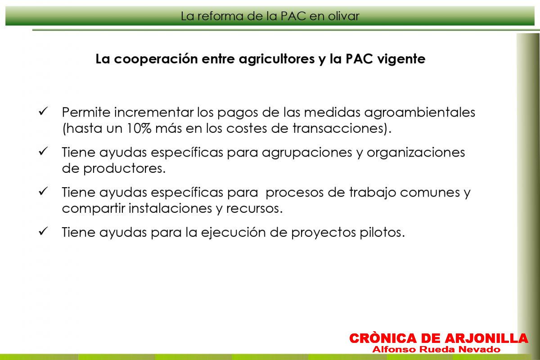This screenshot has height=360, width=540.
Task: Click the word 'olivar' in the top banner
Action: (x=343, y=16)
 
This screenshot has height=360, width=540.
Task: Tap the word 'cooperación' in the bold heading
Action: (x=156, y=59)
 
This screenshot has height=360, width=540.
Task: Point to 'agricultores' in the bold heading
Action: (x=277, y=59)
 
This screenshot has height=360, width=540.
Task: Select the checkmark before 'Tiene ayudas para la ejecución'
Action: (x=43, y=231)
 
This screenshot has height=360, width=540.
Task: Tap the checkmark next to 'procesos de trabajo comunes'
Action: (x=43, y=191)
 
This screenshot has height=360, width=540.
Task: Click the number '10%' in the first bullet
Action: (x=139, y=128)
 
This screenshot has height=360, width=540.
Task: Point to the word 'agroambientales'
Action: (x=419, y=112)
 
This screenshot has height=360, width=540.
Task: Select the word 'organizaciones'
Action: (x=416, y=153)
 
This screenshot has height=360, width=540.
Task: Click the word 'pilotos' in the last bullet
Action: (x=380, y=233)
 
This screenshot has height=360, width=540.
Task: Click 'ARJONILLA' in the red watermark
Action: (x=486, y=338)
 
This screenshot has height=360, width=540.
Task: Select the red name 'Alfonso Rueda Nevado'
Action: (x=436, y=349)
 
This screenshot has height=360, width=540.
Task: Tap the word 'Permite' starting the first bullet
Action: (x=86, y=112)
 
